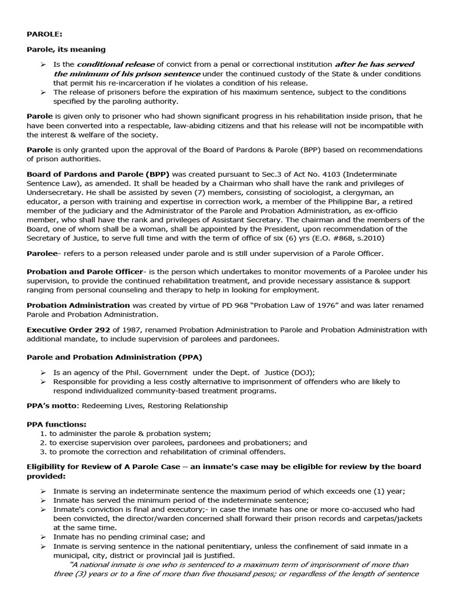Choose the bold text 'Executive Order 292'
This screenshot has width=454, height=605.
(66, 330)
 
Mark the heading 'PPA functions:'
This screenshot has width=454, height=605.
(56, 424)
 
